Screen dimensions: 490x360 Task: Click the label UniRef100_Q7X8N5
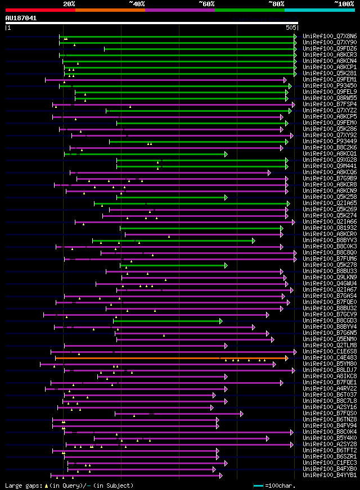[322, 37]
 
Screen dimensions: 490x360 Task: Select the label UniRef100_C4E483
[322, 358]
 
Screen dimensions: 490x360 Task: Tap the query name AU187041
[21, 18]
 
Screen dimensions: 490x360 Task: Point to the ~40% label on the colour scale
[137, 4]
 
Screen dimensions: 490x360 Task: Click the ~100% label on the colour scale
[344, 4]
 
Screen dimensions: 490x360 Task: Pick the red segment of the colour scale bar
[40, 10]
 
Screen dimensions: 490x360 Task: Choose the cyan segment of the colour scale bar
[319, 10]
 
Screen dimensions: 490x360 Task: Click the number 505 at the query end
[291, 28]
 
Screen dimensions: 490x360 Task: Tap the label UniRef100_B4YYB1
[322, 475]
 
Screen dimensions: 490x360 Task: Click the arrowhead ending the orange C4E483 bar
[286, 358]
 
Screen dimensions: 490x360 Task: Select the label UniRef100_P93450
[322, 86]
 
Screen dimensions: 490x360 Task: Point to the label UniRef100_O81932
[322, 228]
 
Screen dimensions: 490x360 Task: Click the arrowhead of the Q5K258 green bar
[226, 197]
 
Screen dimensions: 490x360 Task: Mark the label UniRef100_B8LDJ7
[322, 370]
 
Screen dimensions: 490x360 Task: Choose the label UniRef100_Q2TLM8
[322, 346]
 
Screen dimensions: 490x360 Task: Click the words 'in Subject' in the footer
[115, 486]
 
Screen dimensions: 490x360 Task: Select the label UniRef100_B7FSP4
[322, 105]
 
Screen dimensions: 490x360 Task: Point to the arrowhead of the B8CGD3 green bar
[220, 321]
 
